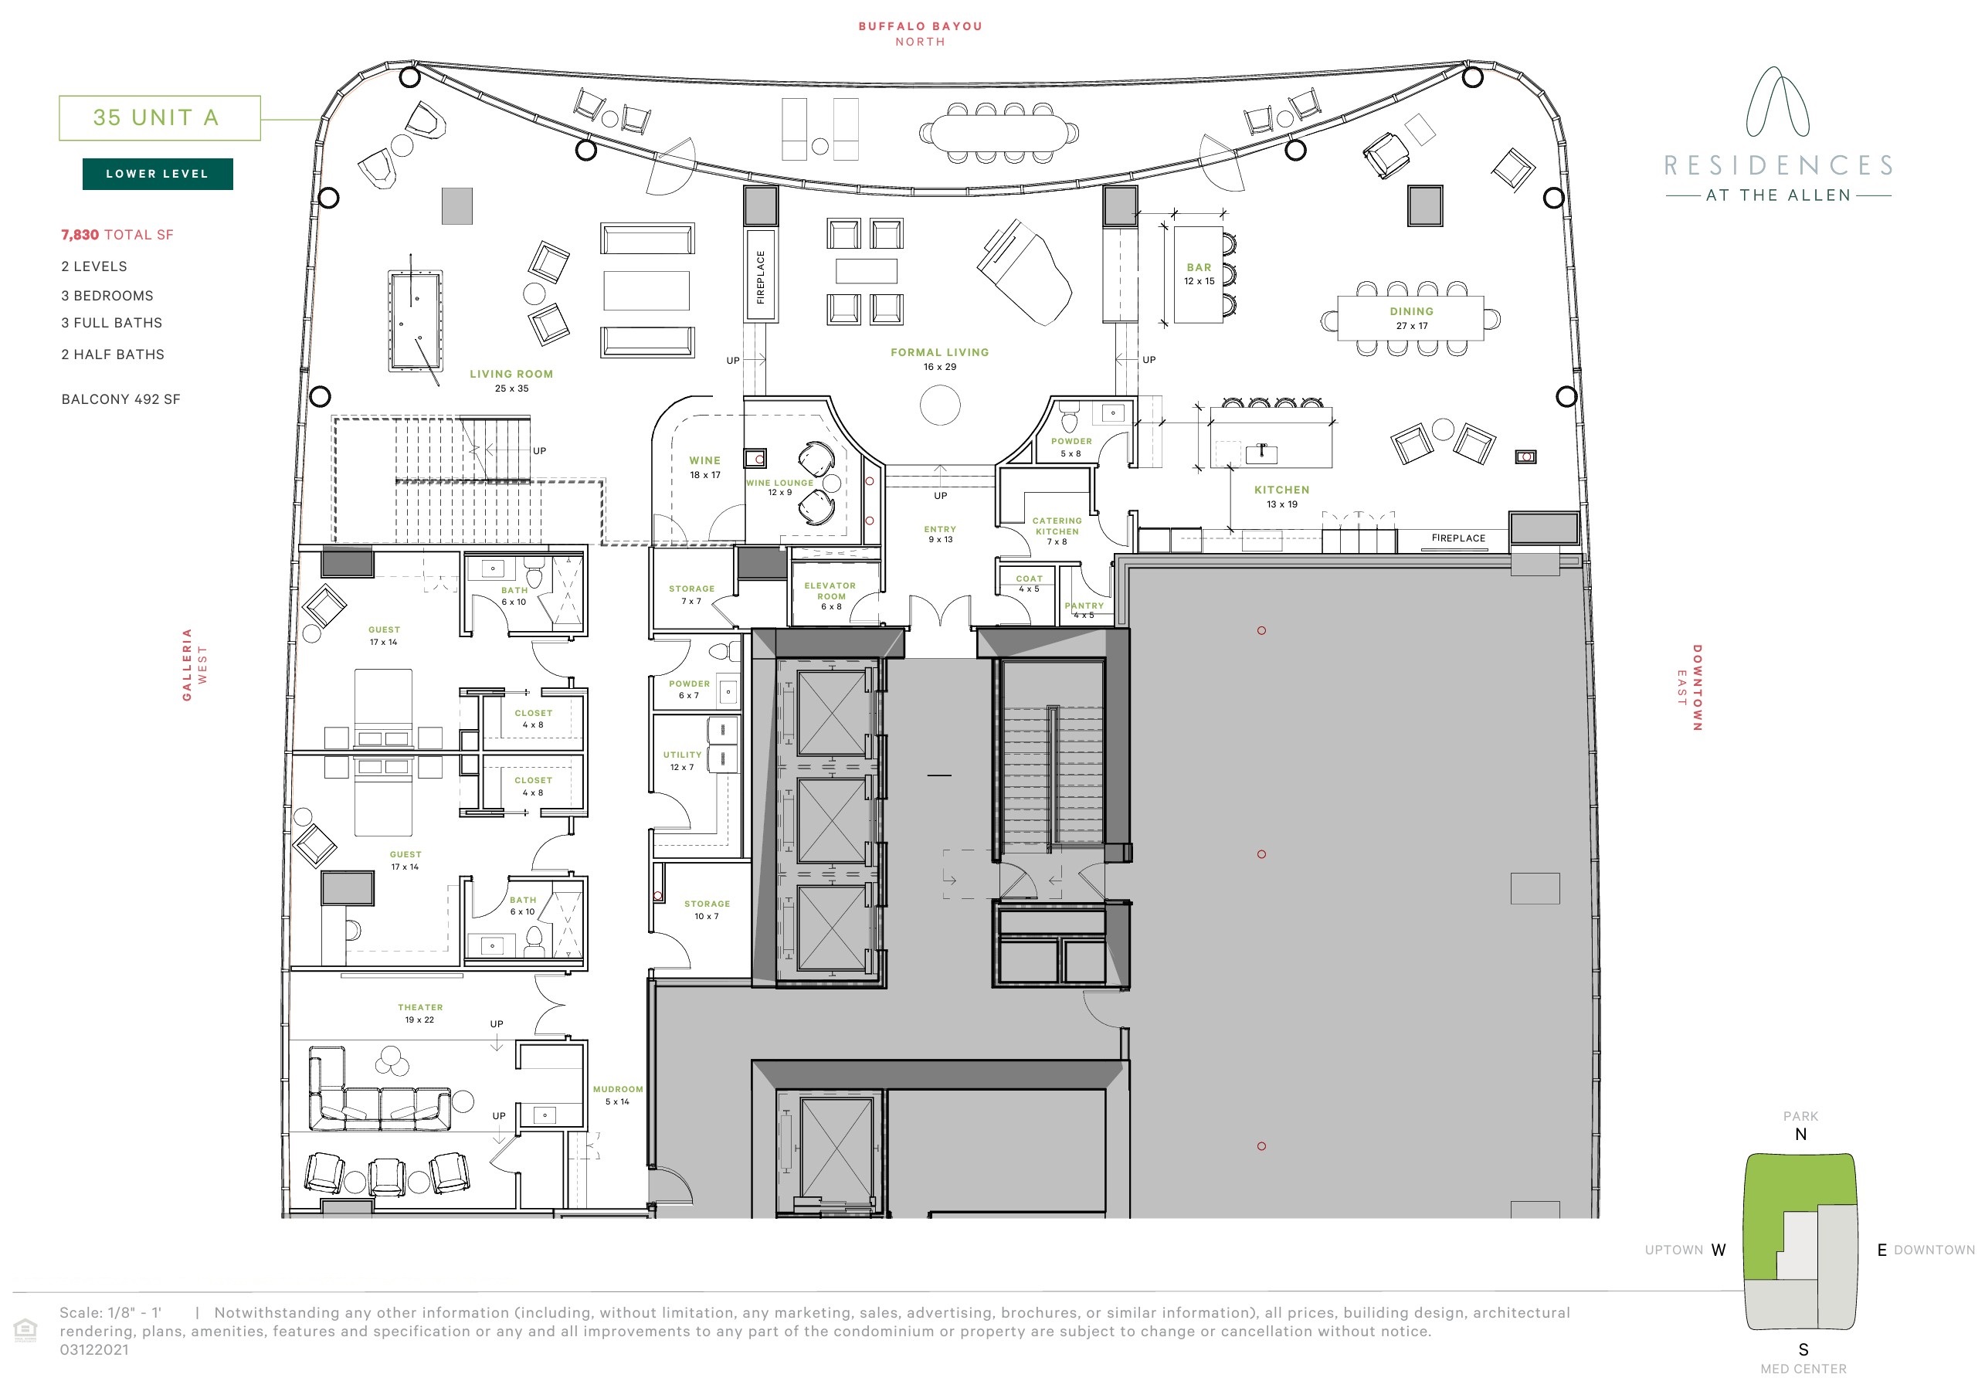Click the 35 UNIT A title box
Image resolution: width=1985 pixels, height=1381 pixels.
[159, 117]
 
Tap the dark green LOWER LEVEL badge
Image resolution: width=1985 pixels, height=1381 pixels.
[158, 174]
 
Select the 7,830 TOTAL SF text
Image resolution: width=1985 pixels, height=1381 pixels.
[117, 234]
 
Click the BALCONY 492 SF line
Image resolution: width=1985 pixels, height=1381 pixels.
[120, 399]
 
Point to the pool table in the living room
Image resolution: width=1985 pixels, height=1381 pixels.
[415, 321]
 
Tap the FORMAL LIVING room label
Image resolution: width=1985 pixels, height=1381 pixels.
[939, 358]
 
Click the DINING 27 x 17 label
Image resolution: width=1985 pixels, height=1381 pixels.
[1411, 317]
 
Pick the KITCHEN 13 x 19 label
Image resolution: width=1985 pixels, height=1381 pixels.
[1281, 496]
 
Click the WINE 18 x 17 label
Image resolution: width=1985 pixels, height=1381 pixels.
[704, 467]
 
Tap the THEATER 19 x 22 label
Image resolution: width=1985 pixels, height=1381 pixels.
[420, 1013]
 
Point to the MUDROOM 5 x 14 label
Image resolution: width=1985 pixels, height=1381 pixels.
[617, 1094]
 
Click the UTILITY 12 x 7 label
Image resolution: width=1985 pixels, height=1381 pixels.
[682, 760]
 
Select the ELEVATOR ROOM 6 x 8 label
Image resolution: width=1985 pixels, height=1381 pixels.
[830, 595]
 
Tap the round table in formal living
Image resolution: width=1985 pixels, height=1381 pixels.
[940, 404]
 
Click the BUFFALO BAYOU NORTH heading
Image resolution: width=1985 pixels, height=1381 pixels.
[920, 33]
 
